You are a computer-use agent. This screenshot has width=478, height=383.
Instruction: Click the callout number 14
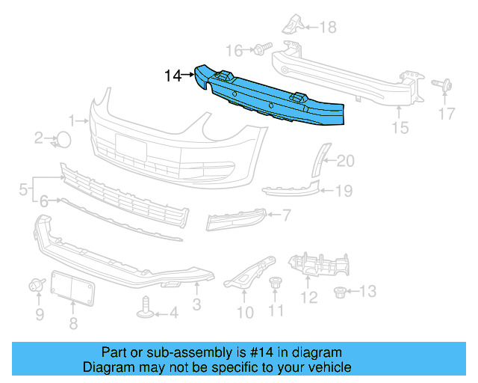(x=173, y=76)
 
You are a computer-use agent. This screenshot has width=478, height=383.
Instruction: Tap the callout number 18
(x=328, y=28)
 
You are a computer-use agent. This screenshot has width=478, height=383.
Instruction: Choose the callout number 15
(x=400, y=128)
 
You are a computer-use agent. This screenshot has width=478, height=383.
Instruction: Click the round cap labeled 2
(x=63, y=138)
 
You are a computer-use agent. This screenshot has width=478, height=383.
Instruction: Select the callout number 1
(x=72, y=120)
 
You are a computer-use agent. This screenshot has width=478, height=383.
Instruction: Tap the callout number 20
(x=347, y=160)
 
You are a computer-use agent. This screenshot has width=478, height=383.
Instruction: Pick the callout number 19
(x=343, y=191)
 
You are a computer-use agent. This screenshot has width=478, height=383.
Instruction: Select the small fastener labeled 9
(x=36, y=284)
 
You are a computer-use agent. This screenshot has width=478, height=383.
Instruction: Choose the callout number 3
(x=196, y=304)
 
